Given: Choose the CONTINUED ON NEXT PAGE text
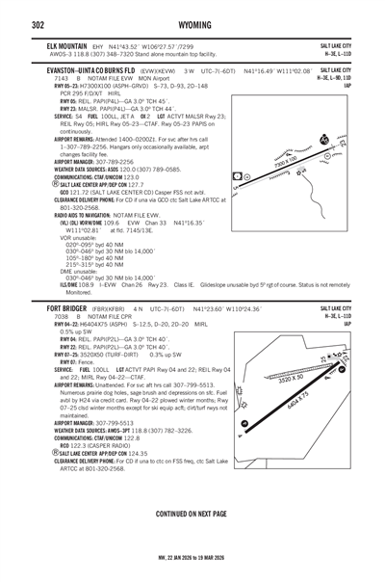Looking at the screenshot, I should pos(192,514).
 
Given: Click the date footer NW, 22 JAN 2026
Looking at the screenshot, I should pos(192,570).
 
